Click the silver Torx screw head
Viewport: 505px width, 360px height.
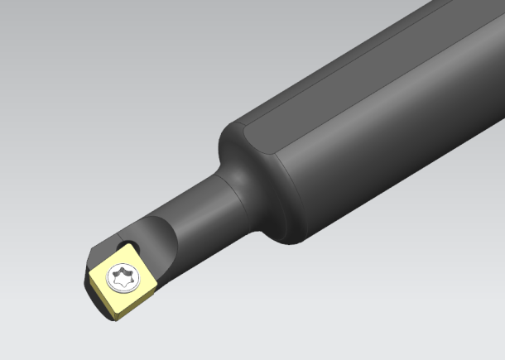[x=125, y=276]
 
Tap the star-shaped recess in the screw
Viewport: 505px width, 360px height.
[x=125, y=276]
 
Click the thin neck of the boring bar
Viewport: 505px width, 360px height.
[x=199, y=207]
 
